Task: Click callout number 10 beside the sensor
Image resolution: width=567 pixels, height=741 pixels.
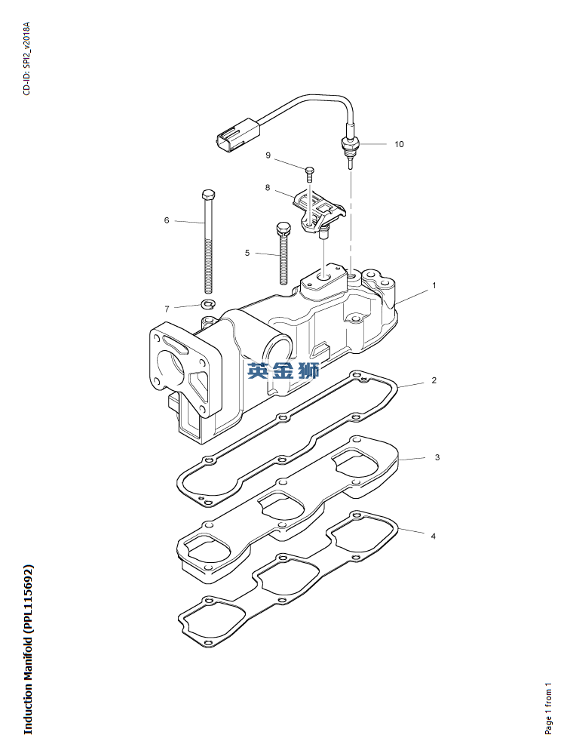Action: (399, 144)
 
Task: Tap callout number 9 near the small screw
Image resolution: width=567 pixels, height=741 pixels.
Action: (268, 155)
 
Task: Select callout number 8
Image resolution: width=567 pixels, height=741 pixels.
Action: (268, 188)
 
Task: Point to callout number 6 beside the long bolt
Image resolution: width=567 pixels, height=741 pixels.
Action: (166, 220)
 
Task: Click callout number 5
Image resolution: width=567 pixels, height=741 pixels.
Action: (247, 254)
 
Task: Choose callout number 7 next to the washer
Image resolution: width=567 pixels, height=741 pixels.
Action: (167, 309)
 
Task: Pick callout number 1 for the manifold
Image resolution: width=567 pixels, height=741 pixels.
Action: (434, 285)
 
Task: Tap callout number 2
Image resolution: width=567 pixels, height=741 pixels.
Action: (434, 380)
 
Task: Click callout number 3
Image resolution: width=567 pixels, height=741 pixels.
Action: (437, 457)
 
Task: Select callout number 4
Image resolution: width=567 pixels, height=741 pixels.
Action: (434, 537)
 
